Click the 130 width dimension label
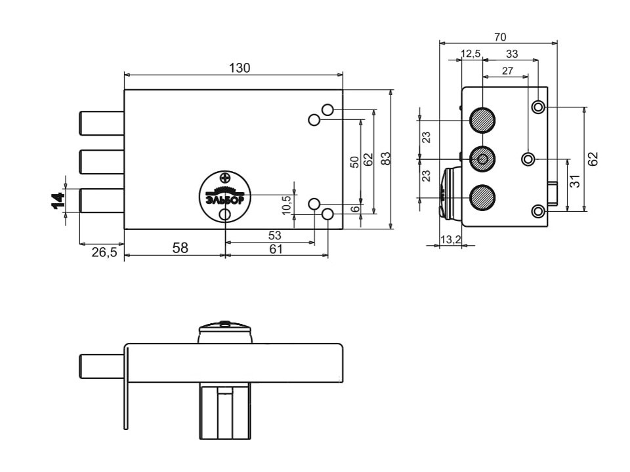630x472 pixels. pyautogui.click(x=240, y=68)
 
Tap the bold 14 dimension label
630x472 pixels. pyautogui.click(x=58, y=201)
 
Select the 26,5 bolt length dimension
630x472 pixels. pyautogui.click(x=104, y=252)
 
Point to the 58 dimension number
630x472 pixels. pyautogui.click(x=180, y=248)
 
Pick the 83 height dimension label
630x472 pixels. pyautogui.click(x=385, y=159)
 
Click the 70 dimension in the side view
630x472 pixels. pyautogui.click(x=500, y=37)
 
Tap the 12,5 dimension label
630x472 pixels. pyautogui.click(x=471, y=54)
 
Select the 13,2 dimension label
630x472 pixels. pyautogui.click(x=450, y=240)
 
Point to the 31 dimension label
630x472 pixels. pyautogui.click(x=576, y=181)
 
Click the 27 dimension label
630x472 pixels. pyautogui.click(x=508, y=71)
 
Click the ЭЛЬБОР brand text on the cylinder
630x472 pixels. pyautogui.click(x=225, y=199)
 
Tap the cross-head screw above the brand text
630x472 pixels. pyautogui.click(x=225, y=176)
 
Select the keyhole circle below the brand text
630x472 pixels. pyautogui.click(x=225, y=215)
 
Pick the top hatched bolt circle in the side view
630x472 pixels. pyautogui.click(x=482, y=120)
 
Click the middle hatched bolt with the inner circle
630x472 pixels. pyautogui.click(x=482, y=159)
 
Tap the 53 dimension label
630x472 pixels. pyautogui.click(x=275, y=235)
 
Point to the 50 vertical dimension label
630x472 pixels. pyautogui.click(x=354, y=162)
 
